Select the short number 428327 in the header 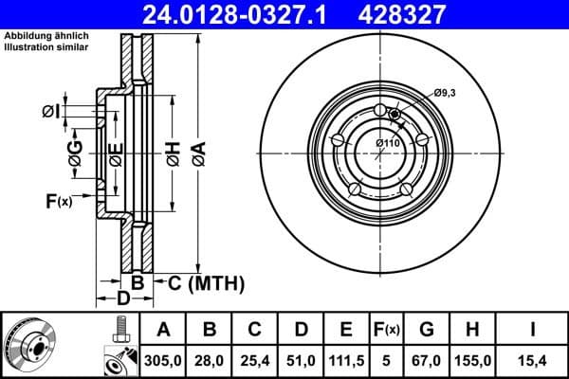[x=413, y=14]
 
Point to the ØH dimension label [x=173, y=153]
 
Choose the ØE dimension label [x=115, y=153]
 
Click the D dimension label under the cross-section [x=122, y=299]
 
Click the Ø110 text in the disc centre [x=388, y=142]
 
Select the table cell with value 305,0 [x=164, y=359]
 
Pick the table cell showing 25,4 [x=256, y=359]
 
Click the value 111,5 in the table [x=346, y=359]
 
